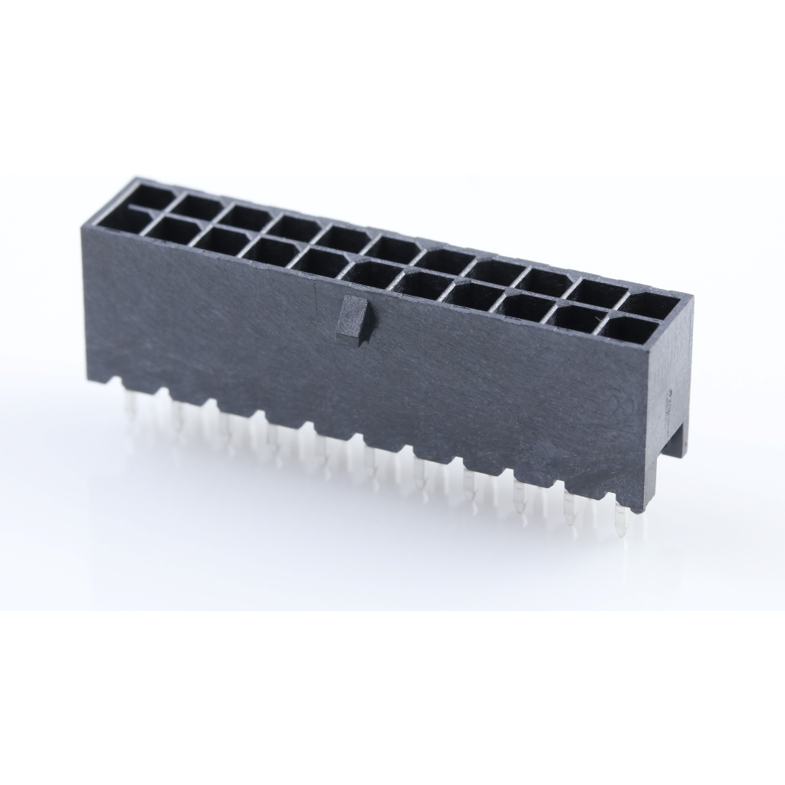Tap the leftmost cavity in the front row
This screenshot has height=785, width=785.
pyautogui.click(x=129, y=219)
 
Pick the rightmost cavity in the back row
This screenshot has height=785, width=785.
pyautogui.click(x=650, y=305)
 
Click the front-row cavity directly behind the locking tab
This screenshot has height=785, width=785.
pyautogui.click(x=370, y=274)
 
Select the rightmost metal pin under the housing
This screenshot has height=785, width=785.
pyautogui.click(x=622, y=521)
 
